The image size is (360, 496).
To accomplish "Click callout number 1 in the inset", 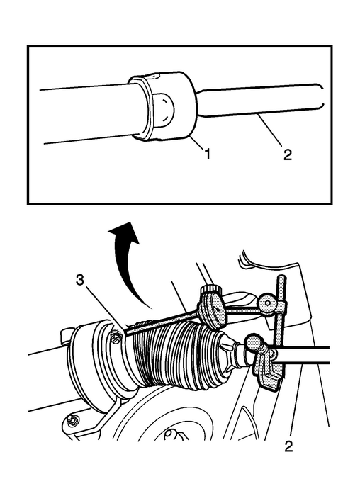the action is (x=207, y=154).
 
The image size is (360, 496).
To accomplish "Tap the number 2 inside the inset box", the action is (x=287, y=154).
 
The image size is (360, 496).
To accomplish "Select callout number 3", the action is (x=80, y=281).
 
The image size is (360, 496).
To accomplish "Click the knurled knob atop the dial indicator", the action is (x=210, y=289).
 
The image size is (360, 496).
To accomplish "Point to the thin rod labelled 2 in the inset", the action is (x=259, y=101).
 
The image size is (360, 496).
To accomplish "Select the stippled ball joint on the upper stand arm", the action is (x=269, y=304).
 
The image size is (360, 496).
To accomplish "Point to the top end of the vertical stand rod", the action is (x=281, y=278).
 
